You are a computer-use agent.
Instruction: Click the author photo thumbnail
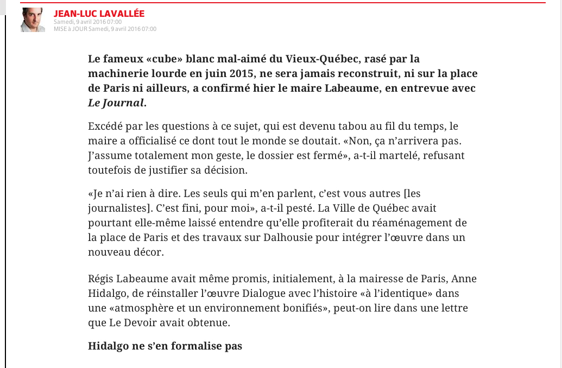33,20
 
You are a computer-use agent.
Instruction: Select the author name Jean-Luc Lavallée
99,14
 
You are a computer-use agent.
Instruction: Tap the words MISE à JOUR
70,29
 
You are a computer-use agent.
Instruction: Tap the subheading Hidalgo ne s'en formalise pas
165,345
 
